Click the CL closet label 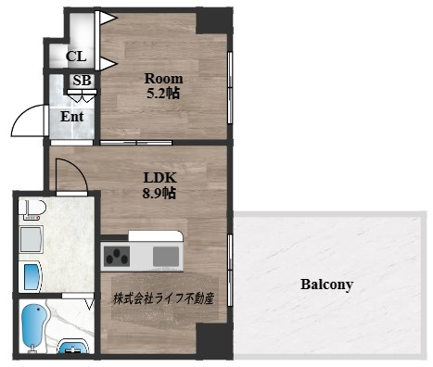coord(76,57)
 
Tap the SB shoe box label coord(82,81)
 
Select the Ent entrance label coord(71,117)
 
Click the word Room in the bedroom coord(163,79)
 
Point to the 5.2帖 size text coord(163,93)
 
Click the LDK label coord(159,178)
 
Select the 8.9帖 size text coord(159,193)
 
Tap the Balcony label coord(326,285)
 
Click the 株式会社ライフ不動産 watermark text coord(163,298)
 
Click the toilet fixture coord(32,209)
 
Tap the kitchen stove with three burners coord(116,256)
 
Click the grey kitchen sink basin coord(166,257)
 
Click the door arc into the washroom coord(78,169)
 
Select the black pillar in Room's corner coord(213,20)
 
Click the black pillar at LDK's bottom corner coord(214,341)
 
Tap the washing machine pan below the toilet coord(31,239)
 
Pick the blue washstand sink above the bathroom coord(30,276)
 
